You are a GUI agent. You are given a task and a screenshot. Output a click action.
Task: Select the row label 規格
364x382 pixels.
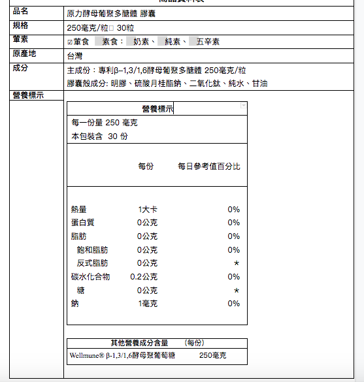[20, 25]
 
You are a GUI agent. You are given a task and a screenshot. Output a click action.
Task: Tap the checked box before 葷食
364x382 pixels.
[70, 42]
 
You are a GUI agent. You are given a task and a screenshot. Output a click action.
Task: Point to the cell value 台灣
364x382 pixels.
[74, 57]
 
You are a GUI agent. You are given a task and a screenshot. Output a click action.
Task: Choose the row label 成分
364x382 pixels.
[20, 68]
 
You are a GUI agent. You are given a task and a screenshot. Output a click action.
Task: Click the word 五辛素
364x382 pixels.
[208, 42]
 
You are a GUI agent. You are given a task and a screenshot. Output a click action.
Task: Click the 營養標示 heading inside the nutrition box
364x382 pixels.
[157, 109]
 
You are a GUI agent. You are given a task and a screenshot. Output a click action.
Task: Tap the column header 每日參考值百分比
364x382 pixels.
[208, 167]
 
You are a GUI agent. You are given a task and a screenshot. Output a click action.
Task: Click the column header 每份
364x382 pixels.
[146, 167]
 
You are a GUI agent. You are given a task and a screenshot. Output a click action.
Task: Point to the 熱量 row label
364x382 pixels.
[79, 210]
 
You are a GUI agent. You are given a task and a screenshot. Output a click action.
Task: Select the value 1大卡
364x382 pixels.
[147, 210]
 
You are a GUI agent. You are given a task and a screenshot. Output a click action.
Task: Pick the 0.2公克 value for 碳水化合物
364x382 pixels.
[143, 277]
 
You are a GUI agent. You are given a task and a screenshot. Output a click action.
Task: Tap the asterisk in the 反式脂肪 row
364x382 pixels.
[236, 263]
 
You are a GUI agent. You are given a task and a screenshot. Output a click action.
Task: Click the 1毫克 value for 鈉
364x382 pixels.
[147, 304]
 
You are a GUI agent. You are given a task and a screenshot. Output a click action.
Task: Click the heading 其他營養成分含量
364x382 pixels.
[139, 343]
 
